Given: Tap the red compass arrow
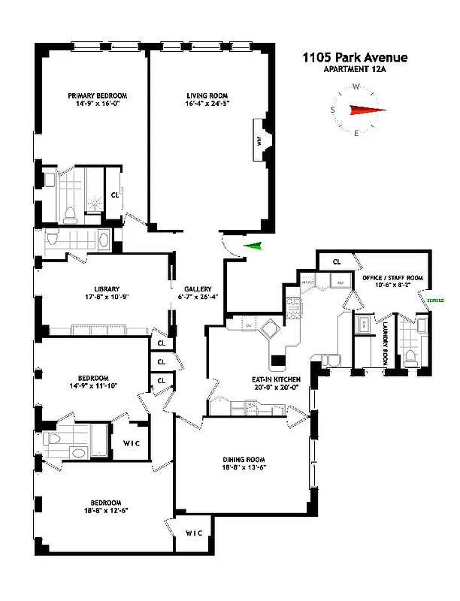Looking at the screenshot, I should (x=365, y=110).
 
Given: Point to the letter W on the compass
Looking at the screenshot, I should (x=356, y=86).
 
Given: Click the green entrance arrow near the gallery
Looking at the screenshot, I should (x=256, y=246).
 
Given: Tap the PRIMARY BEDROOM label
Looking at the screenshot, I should (x=97, y=95).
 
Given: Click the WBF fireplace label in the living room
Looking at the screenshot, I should (x=257, y=140).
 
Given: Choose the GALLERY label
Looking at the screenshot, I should (x=197, y=288).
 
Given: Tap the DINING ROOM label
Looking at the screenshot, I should (x=244, y=459).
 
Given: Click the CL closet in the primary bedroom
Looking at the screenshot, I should (x=116, y=194).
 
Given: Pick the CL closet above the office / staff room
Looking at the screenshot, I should (x=337, y=261).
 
